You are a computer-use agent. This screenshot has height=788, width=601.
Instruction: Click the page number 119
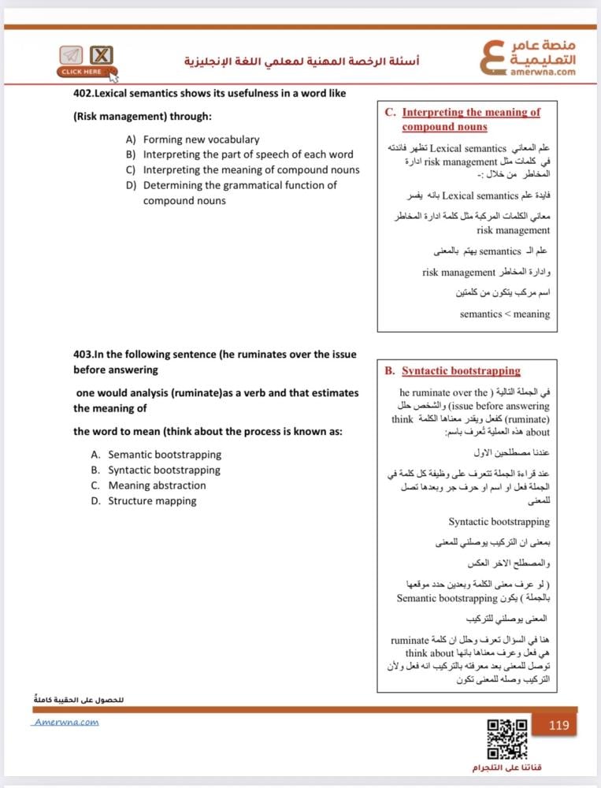pyautogui.click(x=558, y=725)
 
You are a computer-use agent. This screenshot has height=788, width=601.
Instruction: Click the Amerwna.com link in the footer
pyautogui.click(x=66, y=722)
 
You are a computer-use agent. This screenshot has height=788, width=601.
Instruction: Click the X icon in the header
pyautogui.click(x=101, y=55)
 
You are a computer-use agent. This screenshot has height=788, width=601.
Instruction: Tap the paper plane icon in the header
pyautogui.click(x=71, y=55)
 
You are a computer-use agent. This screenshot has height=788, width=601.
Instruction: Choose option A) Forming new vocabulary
pyautogui.click(x=193, y=139)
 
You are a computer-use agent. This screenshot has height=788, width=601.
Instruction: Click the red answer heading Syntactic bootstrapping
pyautogui.click(x=461, y=370)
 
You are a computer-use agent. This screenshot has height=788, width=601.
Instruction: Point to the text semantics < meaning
pyautogui.click(x=505, y=314)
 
